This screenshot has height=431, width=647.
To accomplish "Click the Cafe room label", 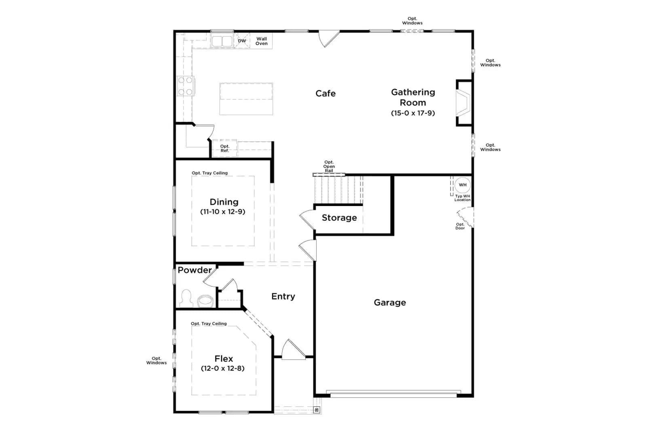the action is [x=326, y=93].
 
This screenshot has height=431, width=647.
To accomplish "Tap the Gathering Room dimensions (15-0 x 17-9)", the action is [x=413, y=113].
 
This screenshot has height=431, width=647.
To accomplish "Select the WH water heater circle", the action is [x=463, y=185].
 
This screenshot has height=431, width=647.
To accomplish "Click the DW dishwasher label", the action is [x=242, y=41].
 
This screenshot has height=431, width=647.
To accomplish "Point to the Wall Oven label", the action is [x=261, y=41].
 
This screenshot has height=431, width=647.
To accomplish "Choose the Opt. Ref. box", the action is [x=225, y=149].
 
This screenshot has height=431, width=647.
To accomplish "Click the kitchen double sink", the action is [x=222, y=41].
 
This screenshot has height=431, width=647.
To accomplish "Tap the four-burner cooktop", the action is [x=186, y=86].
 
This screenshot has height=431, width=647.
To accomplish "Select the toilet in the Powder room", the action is [x=205, y=301].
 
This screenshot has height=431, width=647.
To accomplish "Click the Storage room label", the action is [x=339, y=218].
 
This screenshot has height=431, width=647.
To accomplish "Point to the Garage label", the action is [x=390, y=303].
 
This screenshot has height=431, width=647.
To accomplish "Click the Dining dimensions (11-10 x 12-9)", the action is [x=223, y=212].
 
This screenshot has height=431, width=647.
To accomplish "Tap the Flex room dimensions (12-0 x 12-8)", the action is [x=223, y=368].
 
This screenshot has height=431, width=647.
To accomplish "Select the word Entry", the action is [x=283, y=296].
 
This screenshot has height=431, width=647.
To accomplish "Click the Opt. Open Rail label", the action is [x=329, y=166].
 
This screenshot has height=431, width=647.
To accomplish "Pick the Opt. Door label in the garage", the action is [x=460, y=226].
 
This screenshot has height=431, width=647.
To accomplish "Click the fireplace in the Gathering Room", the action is [x=463, y=103].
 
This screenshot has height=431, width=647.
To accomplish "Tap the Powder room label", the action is [x=195, y=270].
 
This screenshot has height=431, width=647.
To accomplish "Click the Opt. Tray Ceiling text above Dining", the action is [x=210, y=173].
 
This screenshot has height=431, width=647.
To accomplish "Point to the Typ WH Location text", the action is [x=463, y=198].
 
